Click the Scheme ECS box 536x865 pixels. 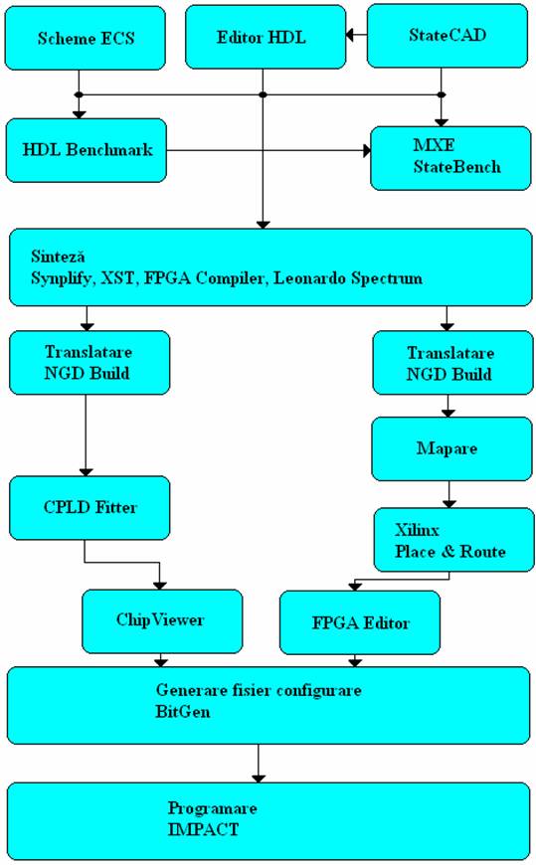(85, 38)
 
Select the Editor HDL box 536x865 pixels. (266, 37)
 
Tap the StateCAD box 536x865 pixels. (447, 36)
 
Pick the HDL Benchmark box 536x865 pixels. (87, 150)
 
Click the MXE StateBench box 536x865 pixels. (450, 158)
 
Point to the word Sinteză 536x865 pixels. (58, 257)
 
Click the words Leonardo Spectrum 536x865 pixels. (348, 277)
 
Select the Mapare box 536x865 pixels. (451, 448)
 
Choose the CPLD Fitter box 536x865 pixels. (89, 508)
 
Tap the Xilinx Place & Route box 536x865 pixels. (453, 540)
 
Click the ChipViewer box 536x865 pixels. (162, 621)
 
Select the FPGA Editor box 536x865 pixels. (360, 622)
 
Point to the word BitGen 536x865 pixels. (183, 712)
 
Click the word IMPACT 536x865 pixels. (203, 829)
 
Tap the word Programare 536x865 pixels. (213, 808)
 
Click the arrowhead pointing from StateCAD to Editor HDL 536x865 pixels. (349, 35)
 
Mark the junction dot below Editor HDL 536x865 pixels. (264, 94)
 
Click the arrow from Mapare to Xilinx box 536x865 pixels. (448, 494)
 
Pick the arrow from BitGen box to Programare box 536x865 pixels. (259, 764)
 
